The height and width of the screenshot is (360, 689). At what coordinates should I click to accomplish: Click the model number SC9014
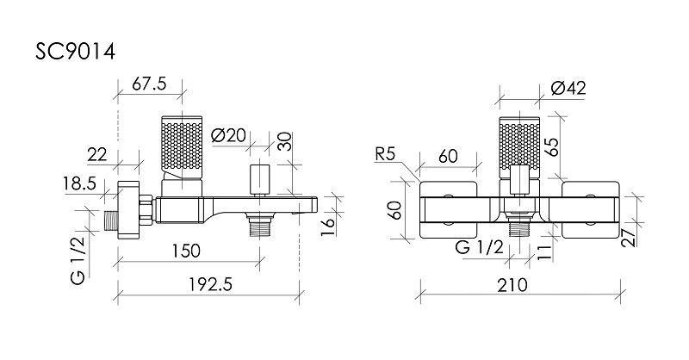(x=75, y=52)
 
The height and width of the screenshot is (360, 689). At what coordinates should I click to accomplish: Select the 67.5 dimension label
(x=149, y=83)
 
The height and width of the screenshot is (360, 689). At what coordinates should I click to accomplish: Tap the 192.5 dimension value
(x=210, y=285)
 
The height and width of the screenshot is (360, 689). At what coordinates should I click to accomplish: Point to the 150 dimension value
(x=186, y=251)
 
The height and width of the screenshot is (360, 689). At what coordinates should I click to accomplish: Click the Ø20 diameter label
(x=228, y=135)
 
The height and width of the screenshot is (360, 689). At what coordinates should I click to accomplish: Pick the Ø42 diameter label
(x=568, y=89)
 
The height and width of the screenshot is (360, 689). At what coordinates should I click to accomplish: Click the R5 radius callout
(x=385, y=155)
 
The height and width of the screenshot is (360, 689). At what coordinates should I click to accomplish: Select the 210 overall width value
(x=512, y=285)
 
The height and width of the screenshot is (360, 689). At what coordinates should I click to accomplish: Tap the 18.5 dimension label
(x=79, y=183)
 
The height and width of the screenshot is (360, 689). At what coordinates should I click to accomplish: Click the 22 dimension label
(x=97, y=155)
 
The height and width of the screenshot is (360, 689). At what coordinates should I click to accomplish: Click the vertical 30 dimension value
(x=285, y=141)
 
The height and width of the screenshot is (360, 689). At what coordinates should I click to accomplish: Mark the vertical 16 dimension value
(x=327, y=227)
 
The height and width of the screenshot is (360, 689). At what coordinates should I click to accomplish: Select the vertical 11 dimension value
(x=544, y=252)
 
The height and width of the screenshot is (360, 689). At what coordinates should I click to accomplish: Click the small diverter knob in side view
(x=260, y=180)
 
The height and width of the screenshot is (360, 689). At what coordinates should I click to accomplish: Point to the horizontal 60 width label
(x=448, y=156)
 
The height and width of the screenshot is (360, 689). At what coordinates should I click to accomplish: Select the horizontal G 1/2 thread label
(x=479, y=247)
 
